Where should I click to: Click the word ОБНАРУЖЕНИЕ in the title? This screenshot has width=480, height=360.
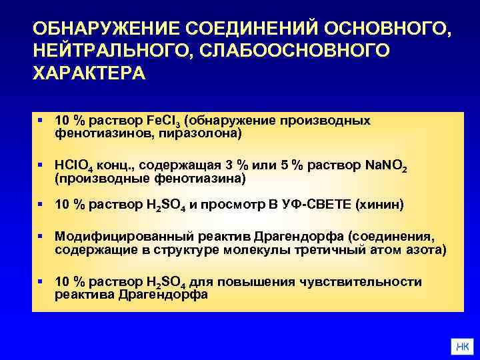pyautogui.click(x=106, y=29)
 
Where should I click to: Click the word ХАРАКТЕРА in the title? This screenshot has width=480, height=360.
pyautogui.click(x=87, y=73)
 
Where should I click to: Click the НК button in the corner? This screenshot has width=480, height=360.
pyautogui.click(x=461, y=347)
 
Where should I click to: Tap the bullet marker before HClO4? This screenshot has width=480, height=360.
pyautogui.click(x=40, y=164)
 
